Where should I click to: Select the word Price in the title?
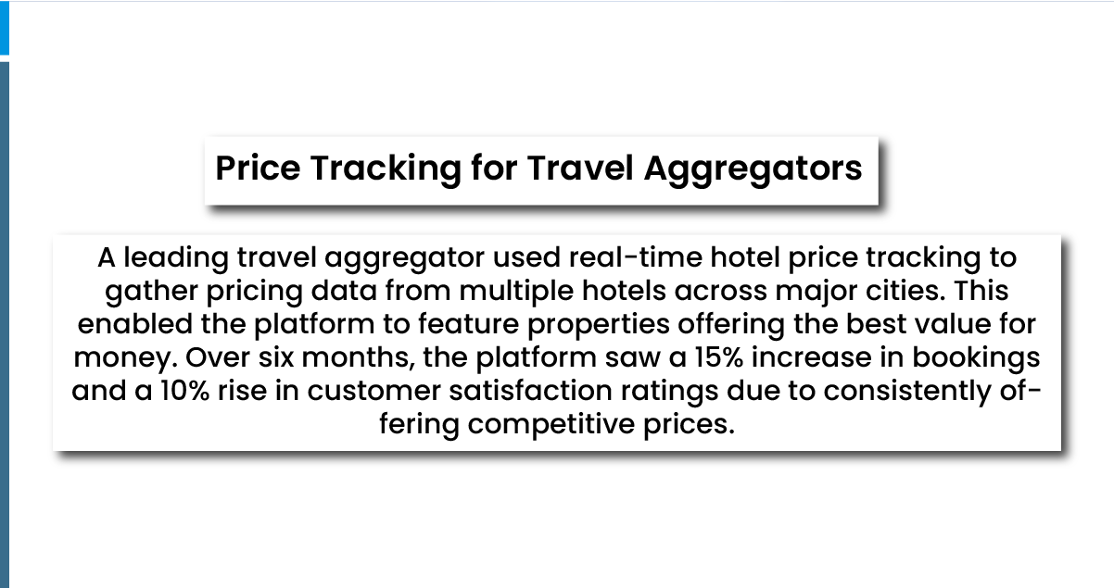259,169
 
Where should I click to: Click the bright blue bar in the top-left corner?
4,28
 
